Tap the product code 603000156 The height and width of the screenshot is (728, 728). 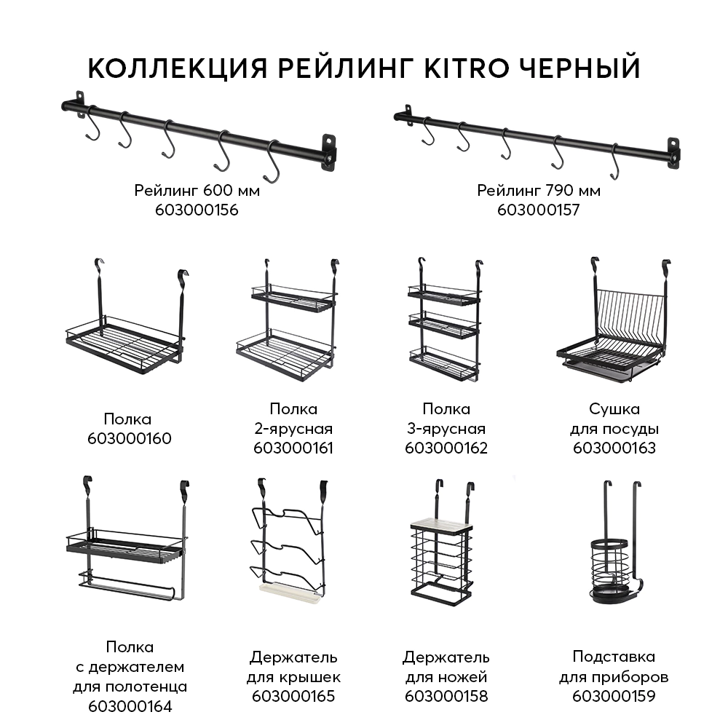(197, 210)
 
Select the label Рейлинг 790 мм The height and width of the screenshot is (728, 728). (539, 191)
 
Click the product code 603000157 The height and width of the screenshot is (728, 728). (539, 210)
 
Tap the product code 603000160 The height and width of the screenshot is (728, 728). (129, 438)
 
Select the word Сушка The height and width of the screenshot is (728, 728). (614, 409)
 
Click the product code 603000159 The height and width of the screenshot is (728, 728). (614, 696)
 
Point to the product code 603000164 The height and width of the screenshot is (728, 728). (129, 705)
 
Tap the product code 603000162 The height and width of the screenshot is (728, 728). (446, 448)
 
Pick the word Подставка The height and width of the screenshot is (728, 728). (614, 657)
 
